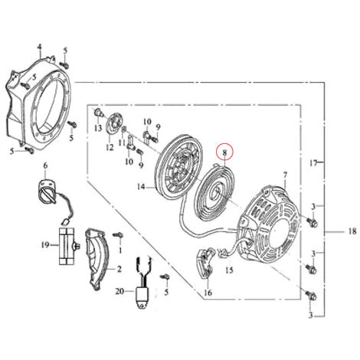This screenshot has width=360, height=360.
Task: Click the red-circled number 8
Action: click(224, 152)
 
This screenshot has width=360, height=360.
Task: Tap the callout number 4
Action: click(39, 47)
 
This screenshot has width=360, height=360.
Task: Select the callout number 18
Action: click(352, 231)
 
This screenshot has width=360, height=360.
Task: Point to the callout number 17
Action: click(313, 162)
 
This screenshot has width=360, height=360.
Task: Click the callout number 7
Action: click(285, 175)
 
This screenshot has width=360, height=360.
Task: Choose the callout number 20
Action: click(119, 291)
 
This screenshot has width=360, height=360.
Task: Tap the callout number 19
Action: click(45, 245)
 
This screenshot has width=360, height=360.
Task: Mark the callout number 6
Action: click(45, 166)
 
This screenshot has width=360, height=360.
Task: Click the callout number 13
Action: click(98, 128)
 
